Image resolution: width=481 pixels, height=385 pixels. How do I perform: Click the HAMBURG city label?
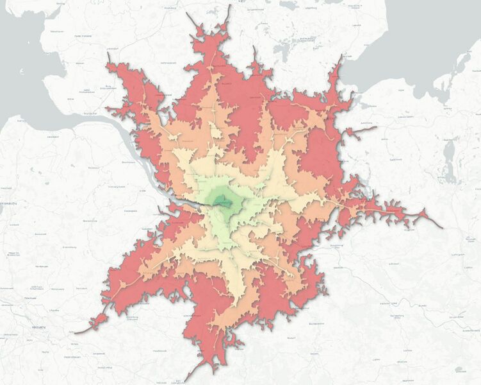(x=224, y=203)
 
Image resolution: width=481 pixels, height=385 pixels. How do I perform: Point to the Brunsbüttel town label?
(x=88, y=114)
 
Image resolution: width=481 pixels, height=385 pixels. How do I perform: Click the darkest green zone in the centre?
(x=224, y=201)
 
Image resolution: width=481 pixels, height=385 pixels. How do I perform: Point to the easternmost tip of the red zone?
(x=442, y=227)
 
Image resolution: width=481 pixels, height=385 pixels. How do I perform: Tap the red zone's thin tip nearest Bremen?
(x=76, y=332)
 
